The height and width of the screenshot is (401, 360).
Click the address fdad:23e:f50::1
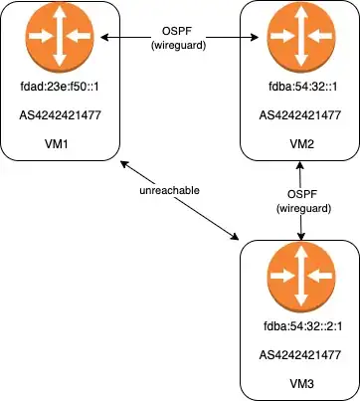click(x=60, y=87)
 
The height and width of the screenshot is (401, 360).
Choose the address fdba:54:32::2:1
click(x=300, y=324)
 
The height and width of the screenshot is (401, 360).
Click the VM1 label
click(x=60, y=141)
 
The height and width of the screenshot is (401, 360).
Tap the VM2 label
click(x=300, y=141)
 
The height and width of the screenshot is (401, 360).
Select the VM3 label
click(x=300, y=382)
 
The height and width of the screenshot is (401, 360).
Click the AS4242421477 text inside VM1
click(x=60, y=114)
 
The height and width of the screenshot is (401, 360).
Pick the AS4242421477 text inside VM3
click(x=300, y=354)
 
